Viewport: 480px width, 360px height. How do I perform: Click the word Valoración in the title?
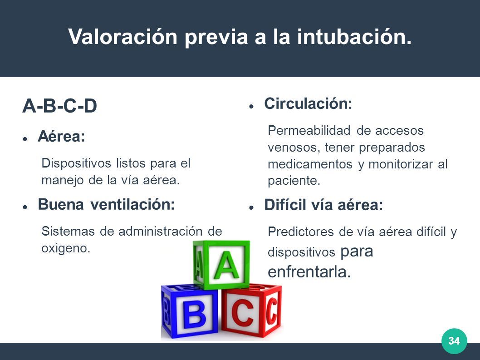[x=123, y=36]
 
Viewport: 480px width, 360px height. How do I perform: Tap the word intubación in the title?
[x=354, y=36]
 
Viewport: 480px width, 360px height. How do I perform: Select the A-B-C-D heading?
[x=60, y=106]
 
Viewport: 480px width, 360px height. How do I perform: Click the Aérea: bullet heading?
[x=61, y=136]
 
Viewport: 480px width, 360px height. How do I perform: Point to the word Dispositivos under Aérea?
[x=76, y=163]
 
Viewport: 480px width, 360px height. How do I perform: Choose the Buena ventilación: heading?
[x=106, y=204]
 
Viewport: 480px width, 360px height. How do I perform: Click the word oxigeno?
[x=66, y=248]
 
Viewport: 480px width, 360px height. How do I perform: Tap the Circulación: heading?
[x=308, y=103]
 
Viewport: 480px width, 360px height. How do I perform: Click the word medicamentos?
[x=310, y=164]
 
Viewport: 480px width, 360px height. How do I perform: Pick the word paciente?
[x=294, y=181]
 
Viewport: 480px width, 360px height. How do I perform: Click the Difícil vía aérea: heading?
[x=323, y=205]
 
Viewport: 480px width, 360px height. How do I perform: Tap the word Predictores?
[x=301, y=232]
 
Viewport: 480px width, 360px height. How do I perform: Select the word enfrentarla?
[x=309, y=272]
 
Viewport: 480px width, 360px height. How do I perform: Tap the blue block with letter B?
[x=190, y=311]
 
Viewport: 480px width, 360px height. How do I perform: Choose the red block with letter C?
[x=251, y=311]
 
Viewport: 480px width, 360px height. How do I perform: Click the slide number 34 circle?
[x=454, y=341]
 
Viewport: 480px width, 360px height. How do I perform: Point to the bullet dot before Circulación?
[x=251, y=106]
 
